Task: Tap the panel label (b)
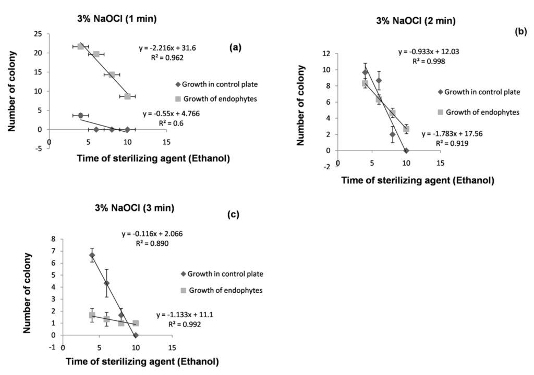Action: coord(520,31)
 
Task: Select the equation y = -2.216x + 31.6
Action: coord(167,48)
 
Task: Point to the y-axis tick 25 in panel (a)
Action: coord(39,34)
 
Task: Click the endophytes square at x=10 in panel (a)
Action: coord(127,96)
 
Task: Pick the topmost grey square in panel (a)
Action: coord(81,46)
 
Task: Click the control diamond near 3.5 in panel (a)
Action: coord(81,115)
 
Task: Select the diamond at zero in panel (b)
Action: coord(406,151)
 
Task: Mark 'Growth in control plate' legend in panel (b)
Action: coord(478,92)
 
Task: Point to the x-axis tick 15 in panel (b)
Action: coord(440,163)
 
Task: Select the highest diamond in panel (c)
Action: coord(92,255)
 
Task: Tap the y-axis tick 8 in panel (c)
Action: coord(54,239)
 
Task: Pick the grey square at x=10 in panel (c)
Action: coord(136,323)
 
